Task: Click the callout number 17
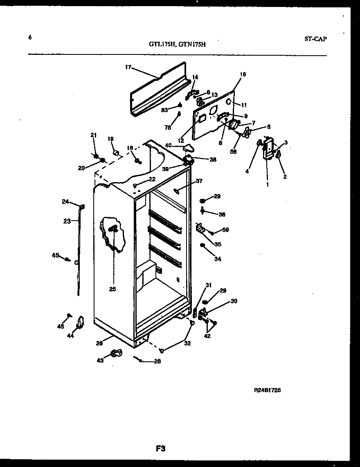click(128, 67)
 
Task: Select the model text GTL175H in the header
click(162, 45)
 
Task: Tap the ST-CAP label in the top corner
click(315, 39)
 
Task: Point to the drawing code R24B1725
click(267, 390)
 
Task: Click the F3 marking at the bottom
click(160, 448)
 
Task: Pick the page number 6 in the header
click(30, 37)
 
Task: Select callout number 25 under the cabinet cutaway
click(112, 289)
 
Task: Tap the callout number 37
click(199, 181)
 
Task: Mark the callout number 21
click(93, 135)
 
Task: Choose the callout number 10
click(243, 74)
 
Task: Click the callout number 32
click(187, 343)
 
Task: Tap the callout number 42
click(207, 336)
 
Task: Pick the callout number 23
click(67, 221)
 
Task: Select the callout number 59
click(225, 230)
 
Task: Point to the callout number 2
click(285, 177)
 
